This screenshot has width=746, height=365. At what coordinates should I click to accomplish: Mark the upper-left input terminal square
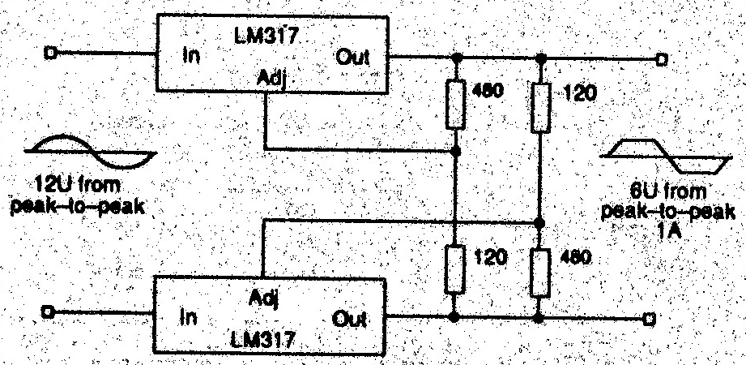pyautogui.click(x=51, y=54)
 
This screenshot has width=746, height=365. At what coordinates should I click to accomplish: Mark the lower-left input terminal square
pyautogui.click(x=51, y=311)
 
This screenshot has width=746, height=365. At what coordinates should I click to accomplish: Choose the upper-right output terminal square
pyautogui.click(x=662, y=59)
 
